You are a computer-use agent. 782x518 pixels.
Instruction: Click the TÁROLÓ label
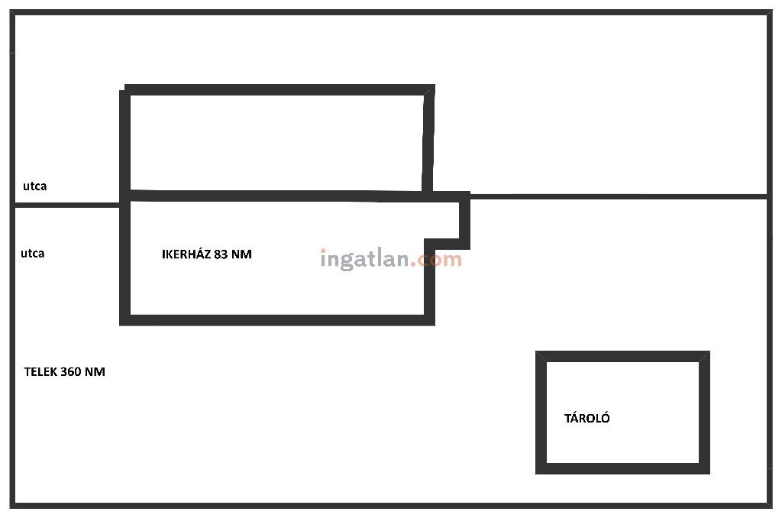click(586, 418)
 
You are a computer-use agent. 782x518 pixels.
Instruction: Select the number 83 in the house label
click(221, 254)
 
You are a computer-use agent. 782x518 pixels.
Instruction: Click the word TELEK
click(40, 372)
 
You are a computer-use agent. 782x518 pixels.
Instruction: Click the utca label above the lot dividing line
click(34, 186)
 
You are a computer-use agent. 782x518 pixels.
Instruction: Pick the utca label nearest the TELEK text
click(32, 253)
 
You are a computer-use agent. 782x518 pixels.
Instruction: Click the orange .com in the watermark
click(437, 259)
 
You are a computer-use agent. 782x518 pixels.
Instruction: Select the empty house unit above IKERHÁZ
click(275, 142)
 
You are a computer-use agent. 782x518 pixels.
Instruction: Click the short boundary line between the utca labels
click(67, 205)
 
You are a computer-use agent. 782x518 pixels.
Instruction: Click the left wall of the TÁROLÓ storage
click(541, 413)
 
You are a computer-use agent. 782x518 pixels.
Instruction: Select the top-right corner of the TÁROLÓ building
click(704, 357)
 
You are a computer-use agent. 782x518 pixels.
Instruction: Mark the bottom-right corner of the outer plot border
click(767, 504)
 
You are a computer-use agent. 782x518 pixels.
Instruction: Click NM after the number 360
click(95, 372)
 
